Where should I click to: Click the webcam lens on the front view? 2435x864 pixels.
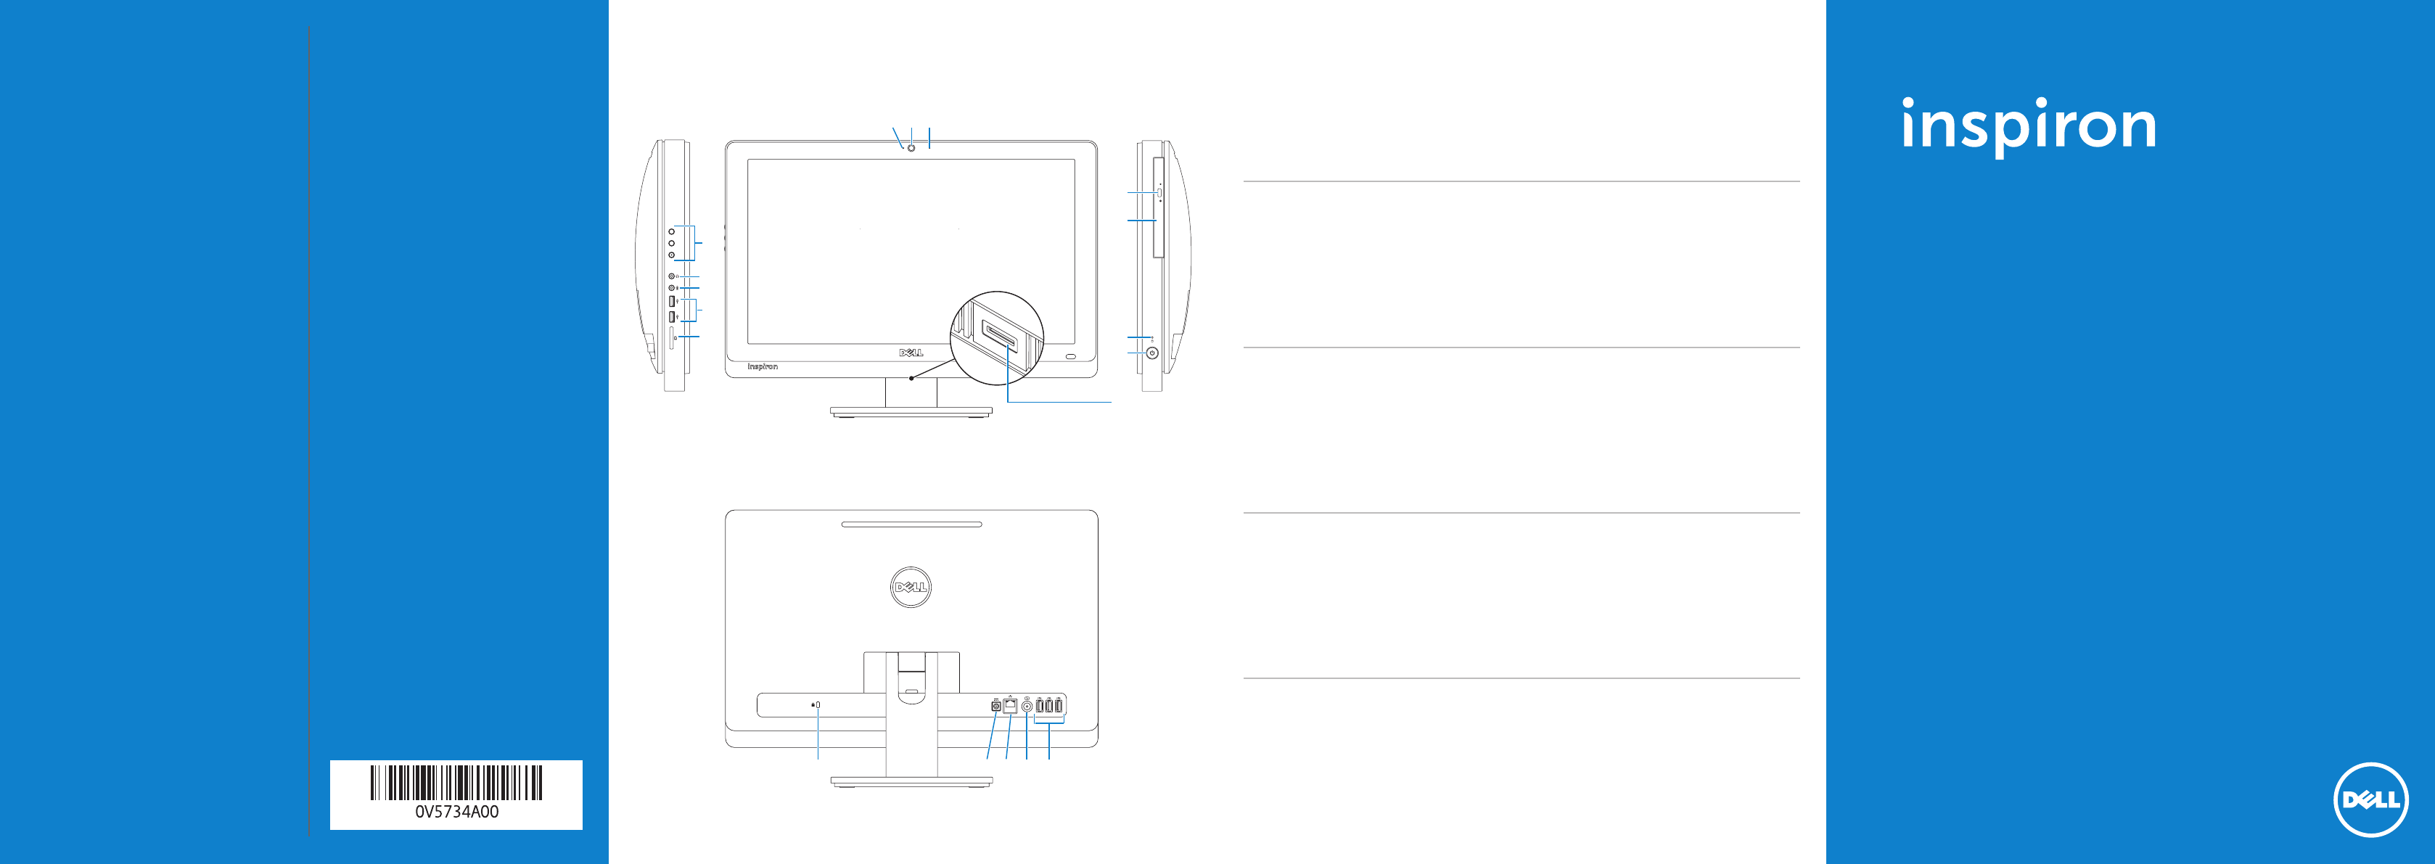coord(911,147)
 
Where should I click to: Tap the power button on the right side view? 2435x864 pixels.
coord(1151,353)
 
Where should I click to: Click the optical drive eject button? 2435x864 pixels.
coord(1158,192)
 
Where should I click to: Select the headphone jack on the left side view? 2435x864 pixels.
coord(671,276)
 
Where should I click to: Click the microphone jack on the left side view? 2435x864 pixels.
coord(671,287)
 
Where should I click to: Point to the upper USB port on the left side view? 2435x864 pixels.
coord(671,300)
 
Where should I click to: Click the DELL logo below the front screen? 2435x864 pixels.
coord(911,353)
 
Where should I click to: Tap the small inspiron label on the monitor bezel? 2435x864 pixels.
coord(762,366)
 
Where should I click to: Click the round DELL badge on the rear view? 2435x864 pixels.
coord(911,587)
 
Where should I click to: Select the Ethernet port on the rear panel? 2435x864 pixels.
coord(1009,705)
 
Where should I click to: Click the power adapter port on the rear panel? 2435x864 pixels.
coord(995,706)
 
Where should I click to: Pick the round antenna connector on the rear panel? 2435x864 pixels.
coord(1027,706)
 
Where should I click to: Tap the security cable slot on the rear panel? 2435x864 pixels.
coord(818,704)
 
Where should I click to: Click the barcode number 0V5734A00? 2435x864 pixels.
coord(456,812)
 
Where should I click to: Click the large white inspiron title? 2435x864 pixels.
coord(2029,126)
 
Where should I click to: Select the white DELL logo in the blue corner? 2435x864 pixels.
coord(2370,799)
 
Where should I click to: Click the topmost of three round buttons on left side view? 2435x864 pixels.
coord(671,231)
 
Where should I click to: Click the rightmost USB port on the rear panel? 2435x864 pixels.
coord(1059,706)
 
